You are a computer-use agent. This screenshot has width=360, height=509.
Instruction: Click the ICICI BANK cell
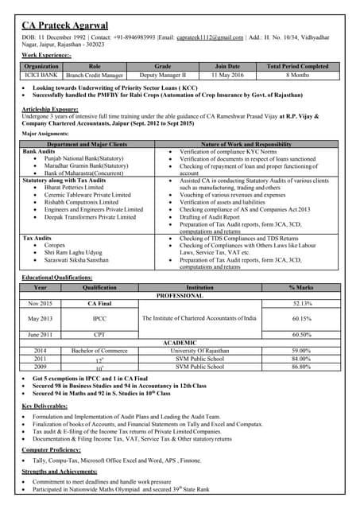[x=42, y=75]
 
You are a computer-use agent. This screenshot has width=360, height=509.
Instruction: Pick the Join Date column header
[x=227, y=66]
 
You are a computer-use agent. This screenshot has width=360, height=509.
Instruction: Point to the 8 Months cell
[x=297, y=75]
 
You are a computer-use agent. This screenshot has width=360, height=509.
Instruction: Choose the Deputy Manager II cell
[x=162, y=75]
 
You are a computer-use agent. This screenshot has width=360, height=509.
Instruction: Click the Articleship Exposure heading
[x=52, y=107]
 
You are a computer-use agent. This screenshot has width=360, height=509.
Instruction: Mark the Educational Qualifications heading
[x=57, y=277]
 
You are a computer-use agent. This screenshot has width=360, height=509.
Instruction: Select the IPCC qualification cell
[x=99, y=318]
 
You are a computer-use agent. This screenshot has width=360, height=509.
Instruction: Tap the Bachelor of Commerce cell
[x=99, y=351]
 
